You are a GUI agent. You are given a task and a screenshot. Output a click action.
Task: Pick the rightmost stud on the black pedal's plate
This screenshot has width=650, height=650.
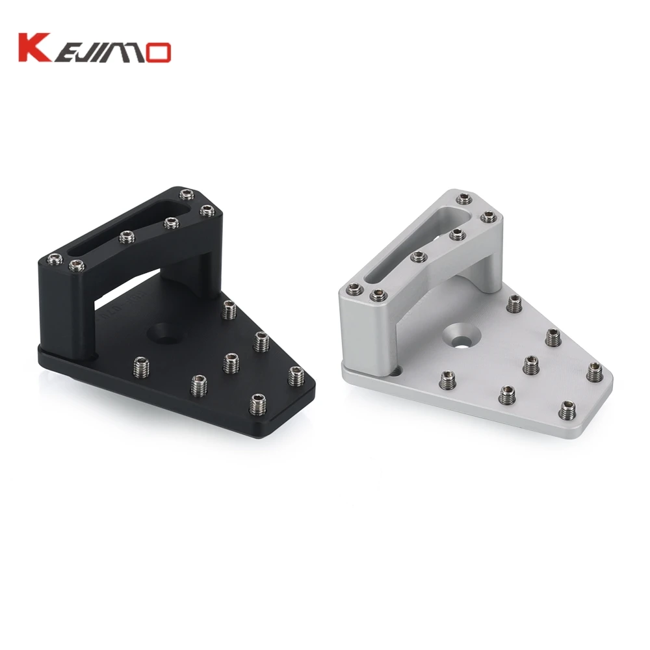tap(296, 376)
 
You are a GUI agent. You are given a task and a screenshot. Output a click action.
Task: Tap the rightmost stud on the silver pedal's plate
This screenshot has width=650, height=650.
tap(594, 372)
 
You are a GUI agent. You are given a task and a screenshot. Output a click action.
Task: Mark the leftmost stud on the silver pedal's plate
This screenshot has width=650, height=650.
tap(447, 380)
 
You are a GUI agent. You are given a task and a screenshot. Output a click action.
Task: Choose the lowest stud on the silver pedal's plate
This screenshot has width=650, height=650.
tap(566, 409)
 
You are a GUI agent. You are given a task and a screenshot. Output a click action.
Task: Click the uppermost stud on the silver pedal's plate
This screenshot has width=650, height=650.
tap(515, 303)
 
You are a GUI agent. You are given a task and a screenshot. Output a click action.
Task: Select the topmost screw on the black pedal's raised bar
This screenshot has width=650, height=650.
tap(188, 194)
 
